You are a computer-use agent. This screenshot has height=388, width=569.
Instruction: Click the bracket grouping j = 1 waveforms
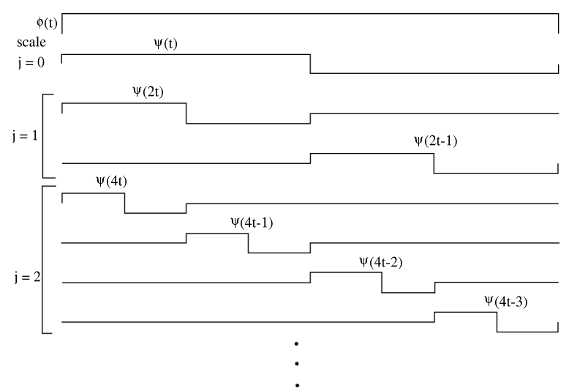click(44, 135)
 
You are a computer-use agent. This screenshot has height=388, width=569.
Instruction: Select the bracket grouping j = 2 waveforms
click(44, 260)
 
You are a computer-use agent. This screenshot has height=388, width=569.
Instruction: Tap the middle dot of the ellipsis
click(297, 362)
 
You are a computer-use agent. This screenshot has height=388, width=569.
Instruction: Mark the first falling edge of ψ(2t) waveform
click(186, 113)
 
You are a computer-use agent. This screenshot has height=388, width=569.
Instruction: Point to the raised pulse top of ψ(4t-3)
click(465, 313)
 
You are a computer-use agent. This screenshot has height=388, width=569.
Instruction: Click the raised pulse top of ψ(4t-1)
click(217, 234)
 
